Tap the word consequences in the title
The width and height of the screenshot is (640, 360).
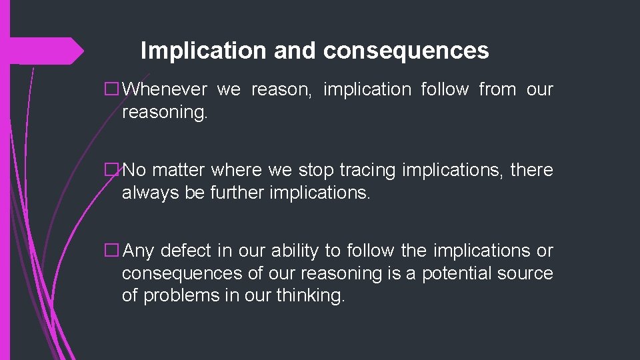click(x=407, y=51)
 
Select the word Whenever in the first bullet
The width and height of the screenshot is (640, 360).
click(x=165, y=89)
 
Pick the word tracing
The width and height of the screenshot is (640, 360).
click(x=368, y=171)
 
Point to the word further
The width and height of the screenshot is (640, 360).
click(x=233, y=193)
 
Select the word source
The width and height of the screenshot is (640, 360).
click(x=525, y=274)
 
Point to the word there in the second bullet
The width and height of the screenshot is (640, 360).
click(x=531, y=171)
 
